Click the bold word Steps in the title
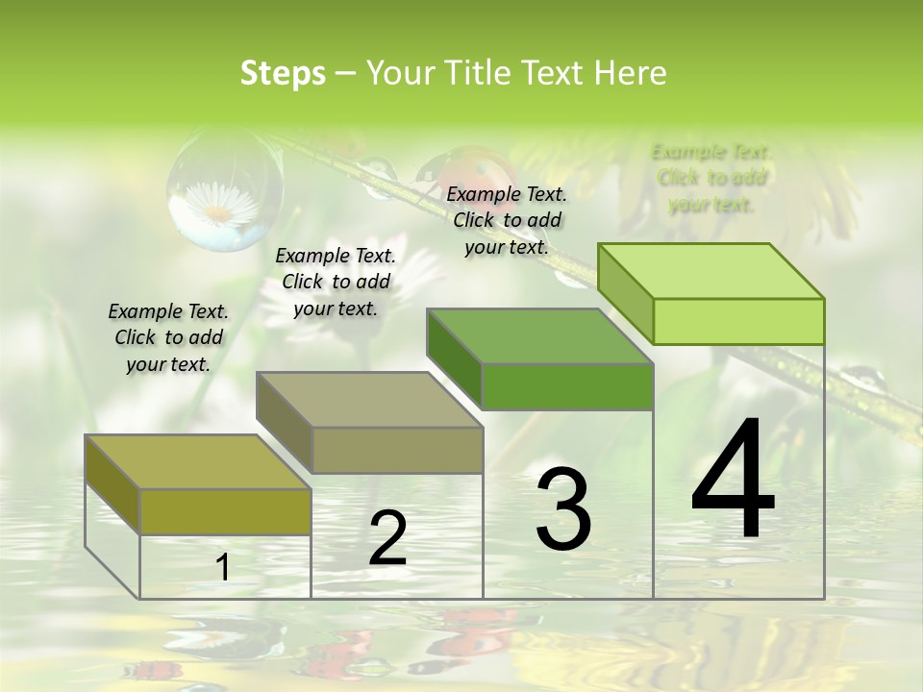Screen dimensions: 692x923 [283, 73]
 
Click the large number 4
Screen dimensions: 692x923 [733, 481]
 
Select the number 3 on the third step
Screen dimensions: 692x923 [563, 509]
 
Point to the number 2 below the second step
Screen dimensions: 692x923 [387, 539]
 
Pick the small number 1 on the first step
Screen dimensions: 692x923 [223, 568]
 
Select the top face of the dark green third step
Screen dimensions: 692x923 [538, 336]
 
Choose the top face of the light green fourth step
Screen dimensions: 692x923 [710, 271]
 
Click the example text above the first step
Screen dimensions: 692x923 [168, 337]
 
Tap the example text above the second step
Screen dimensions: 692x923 [336, 282]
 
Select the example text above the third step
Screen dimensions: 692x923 [507, 220]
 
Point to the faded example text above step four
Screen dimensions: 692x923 [711, 178]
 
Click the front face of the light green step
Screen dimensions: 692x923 [738, 321]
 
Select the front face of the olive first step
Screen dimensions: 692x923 [225, 511]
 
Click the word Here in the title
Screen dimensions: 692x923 [631, 73]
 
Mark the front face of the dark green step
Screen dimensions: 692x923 [567, 386]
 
